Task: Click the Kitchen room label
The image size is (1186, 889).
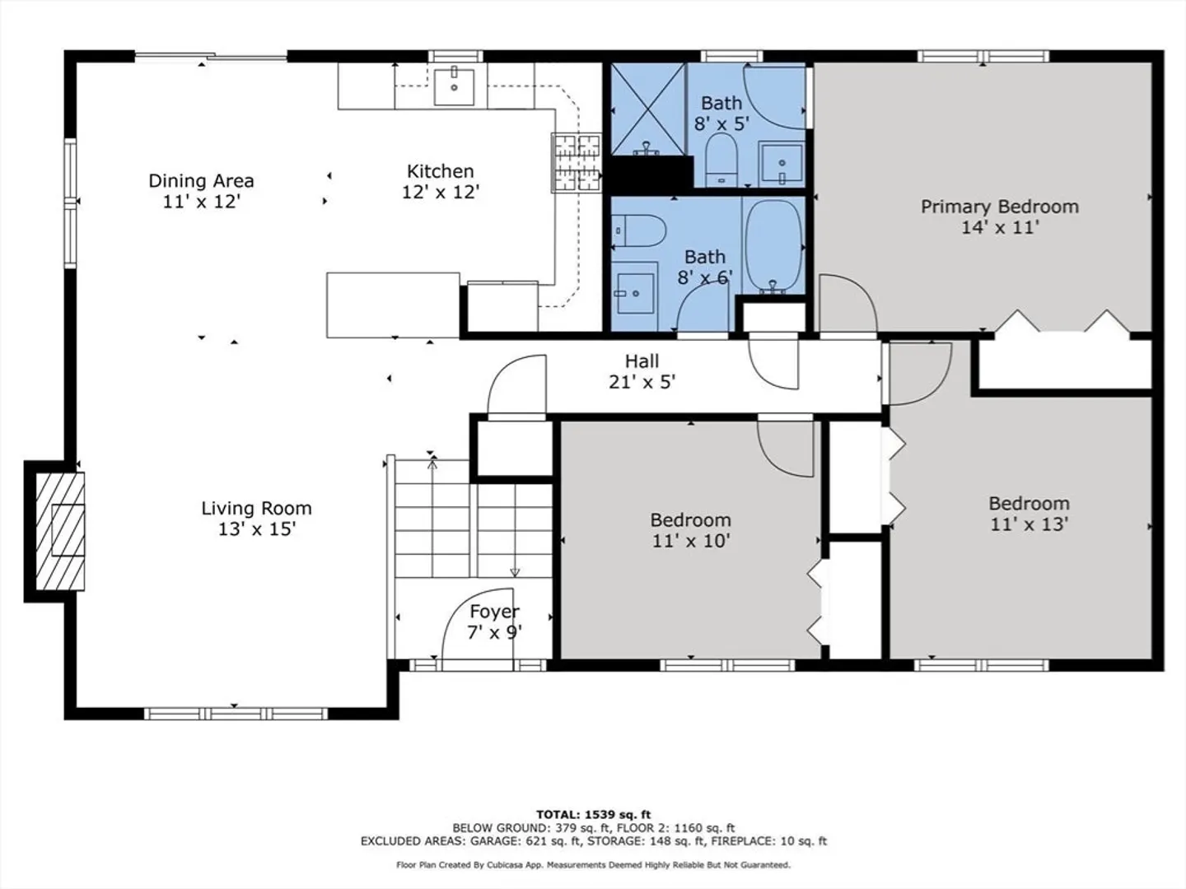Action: [440, 171]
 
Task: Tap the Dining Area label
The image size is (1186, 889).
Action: [201, 181]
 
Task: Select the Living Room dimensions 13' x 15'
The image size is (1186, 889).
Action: [257, 529]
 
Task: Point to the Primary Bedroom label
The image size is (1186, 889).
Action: [1000, 207]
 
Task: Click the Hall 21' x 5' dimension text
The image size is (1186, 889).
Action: [642, 382]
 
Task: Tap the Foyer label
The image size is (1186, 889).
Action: [494, 612]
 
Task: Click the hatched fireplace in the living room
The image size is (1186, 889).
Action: [60, 531]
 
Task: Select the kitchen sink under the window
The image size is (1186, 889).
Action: [455, 86]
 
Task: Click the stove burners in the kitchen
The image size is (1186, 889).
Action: [577, 162]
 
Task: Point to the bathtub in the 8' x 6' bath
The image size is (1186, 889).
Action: [773, 247]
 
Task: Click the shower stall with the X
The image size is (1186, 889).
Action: [648, 109]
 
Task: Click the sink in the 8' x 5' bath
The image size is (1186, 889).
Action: [782, 163]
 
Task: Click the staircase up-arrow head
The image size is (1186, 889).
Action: [432, 463]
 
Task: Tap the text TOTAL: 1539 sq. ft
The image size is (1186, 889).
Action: [593, 815]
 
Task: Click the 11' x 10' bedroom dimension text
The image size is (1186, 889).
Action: [691, 541]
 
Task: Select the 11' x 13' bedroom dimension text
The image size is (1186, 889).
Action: [1030, 524]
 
